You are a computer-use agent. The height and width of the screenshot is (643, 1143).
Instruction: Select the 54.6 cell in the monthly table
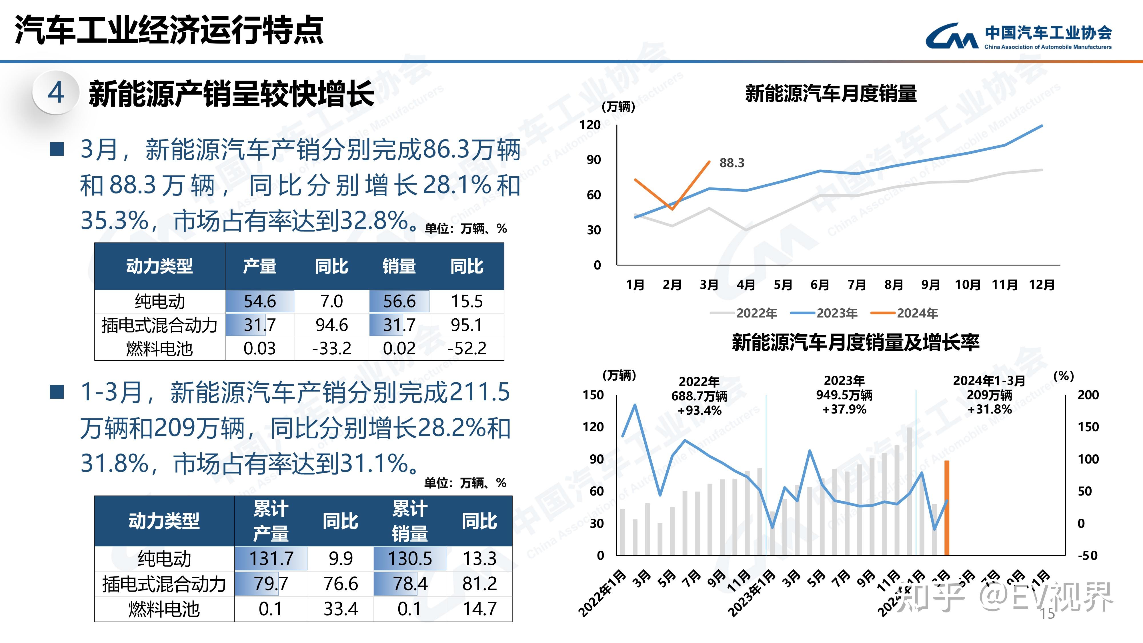259,301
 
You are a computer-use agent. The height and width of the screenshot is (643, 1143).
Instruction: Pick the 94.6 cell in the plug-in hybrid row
331,325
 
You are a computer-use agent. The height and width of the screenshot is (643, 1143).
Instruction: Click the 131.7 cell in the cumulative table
271,558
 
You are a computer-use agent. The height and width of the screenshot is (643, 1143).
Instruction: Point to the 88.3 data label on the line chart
732,163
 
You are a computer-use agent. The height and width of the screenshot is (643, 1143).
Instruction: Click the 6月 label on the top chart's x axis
820,284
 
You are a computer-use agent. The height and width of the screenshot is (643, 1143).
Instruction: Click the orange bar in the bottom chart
946,508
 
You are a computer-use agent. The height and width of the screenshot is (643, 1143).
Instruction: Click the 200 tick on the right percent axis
1088,394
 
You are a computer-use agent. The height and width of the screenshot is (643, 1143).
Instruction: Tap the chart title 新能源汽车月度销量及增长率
855,342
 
